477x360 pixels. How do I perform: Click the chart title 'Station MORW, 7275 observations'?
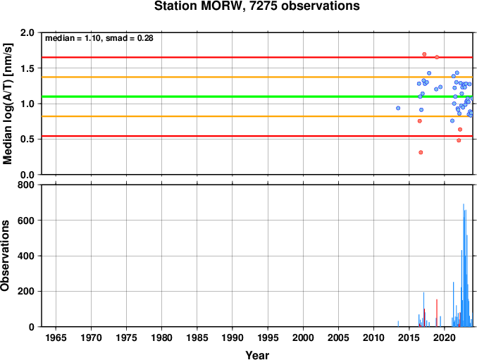pos(256,6)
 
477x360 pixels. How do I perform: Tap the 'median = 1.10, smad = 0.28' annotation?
pos(99,38)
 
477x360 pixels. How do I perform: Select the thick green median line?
pos(257,97)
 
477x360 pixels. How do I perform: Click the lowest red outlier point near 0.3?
pos(421,152)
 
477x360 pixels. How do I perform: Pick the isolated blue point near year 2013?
pos(398,108)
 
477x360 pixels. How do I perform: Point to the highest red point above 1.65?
pos(424,54)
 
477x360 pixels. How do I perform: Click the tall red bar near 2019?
pos(437,313)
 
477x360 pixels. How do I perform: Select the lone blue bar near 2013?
pos(398,324)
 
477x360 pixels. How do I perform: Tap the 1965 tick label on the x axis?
pos(56,337)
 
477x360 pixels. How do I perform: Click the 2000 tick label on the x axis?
pos(303,337)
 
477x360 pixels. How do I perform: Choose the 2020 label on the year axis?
pos(445,337)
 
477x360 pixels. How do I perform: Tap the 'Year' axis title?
pos(257,355)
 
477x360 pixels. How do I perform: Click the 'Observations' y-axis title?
pos(5,256)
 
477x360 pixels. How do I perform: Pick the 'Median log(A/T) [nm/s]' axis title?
pos(7,104)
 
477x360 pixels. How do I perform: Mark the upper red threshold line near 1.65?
pos(257,57)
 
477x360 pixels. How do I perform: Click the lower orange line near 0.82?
pos(257,116)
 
